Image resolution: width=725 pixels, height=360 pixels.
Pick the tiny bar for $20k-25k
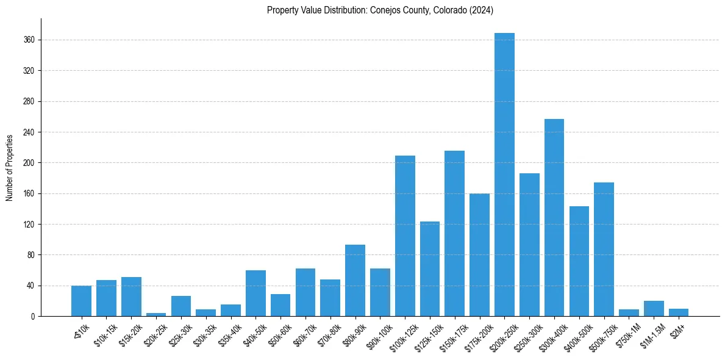[x=156, y=314]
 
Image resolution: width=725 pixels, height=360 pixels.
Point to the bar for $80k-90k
[x=355, y=280]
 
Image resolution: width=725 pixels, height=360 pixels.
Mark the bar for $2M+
[x=679, y=312]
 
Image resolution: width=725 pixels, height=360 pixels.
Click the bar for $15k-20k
[x=131, y=297]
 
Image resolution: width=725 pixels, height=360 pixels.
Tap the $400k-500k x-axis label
[x=577, y=331]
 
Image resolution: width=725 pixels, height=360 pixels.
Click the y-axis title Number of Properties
[x=10, y=167]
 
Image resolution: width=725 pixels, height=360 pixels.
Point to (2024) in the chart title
[x=482, y=10]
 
